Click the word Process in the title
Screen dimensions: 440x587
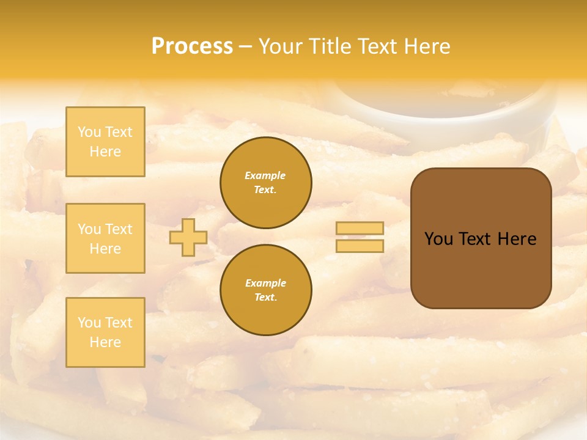(192, 46)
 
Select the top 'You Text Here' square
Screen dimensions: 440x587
(105, 142)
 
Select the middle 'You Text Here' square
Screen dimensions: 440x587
(105, 238)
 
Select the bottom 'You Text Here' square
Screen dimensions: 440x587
(105, 332)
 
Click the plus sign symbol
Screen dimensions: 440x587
(188, 238)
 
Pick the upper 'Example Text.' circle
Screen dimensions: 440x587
(266, 183)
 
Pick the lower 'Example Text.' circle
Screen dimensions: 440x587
(266, 290)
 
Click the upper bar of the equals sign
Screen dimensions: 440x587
(360, 229)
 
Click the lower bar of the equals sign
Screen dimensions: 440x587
(360, 246)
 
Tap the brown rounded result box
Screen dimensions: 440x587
(481, 269)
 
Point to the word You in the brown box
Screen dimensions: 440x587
(438, 239)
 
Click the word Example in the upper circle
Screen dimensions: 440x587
(265, 175)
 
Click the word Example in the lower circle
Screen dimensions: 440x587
(265, 283)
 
